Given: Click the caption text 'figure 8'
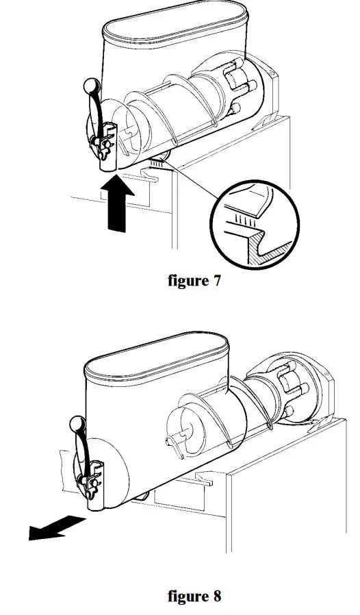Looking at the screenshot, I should point(194,596).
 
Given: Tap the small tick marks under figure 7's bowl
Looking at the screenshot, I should point(159,163).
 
